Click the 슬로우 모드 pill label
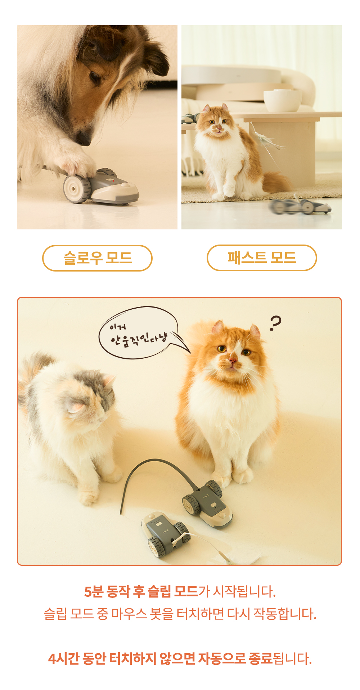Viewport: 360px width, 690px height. coord(97,258)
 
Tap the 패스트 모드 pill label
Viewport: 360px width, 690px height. coord(262,257)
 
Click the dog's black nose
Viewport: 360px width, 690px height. coord(84,138)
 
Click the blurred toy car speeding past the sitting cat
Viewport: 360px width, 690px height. coord(301,206)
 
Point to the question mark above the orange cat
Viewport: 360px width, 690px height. coord(275,323)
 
